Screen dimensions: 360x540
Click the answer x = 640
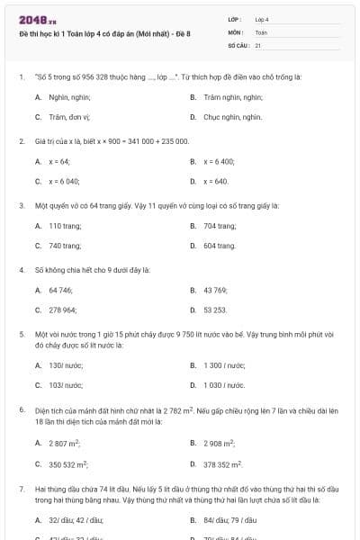[x=216, y=182]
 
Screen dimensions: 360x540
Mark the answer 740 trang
[x=65, y=246]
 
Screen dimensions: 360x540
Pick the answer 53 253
[x=215, y=310]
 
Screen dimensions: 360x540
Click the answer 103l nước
[x=67, y=385]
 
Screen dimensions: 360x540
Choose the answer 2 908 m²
[x=220, y=443]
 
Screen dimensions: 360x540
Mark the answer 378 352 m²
[x=224, y=464]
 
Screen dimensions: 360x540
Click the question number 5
[x=21, y=332]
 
